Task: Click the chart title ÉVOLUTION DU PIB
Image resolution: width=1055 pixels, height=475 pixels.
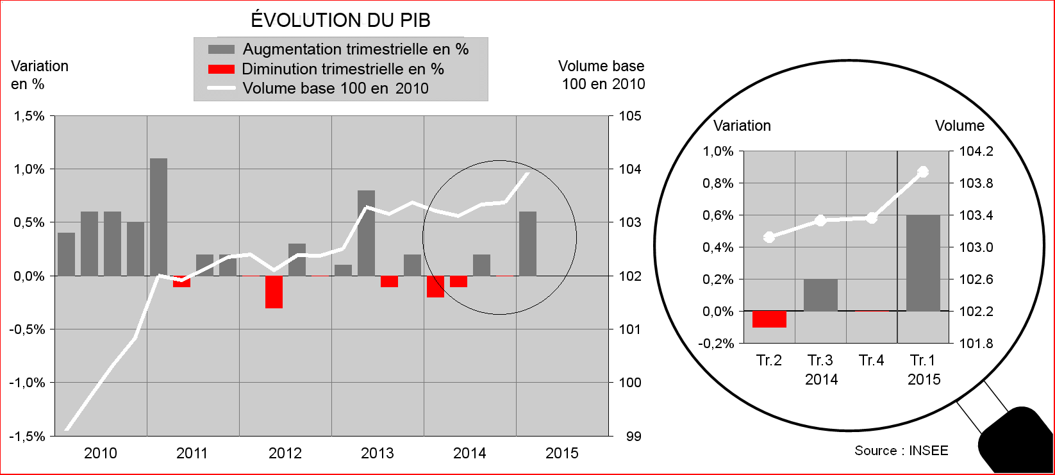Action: point(340,20)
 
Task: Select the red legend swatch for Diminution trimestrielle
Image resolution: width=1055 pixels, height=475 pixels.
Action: point(221,69)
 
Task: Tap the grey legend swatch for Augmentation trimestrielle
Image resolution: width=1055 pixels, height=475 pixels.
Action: point(221,49)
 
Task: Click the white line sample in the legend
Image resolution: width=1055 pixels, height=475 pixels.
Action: point(221,88)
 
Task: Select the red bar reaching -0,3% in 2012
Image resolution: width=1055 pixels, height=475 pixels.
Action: point(274,292)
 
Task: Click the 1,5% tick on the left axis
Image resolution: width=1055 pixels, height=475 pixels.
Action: point(29,116)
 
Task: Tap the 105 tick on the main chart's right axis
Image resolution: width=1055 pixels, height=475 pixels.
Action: point(630,116)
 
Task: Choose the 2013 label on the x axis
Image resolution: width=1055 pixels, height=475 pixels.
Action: point(378,453)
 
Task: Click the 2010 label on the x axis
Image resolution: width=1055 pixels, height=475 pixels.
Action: point(101,453)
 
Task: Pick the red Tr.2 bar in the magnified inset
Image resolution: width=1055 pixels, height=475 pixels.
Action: point(769,319)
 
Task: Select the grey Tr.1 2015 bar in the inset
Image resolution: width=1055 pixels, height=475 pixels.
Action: point(923,263)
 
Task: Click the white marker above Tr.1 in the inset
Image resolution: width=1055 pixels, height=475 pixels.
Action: point(923,172)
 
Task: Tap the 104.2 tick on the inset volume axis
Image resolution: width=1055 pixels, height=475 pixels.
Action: point(976,151)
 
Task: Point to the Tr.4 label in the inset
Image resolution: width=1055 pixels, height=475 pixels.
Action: point(872,360)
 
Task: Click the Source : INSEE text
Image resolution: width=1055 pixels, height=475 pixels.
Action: point(901,451)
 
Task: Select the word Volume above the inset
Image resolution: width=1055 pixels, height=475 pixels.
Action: point(959,126)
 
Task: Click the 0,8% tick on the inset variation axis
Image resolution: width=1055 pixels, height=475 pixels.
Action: point(718,183)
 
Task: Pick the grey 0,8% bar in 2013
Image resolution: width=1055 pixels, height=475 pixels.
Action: point(366,233)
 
